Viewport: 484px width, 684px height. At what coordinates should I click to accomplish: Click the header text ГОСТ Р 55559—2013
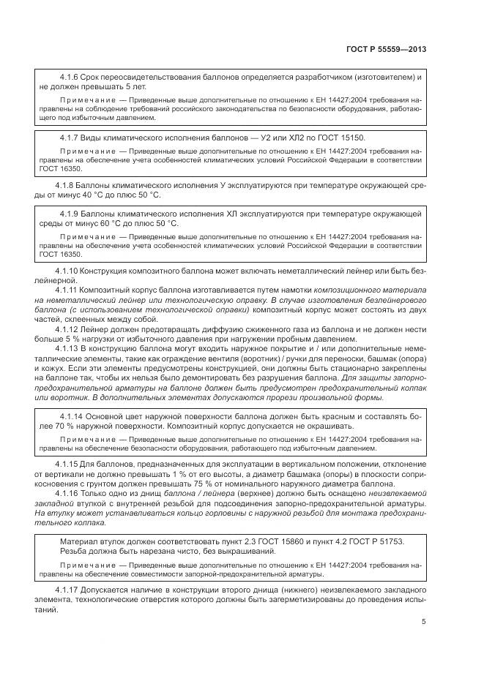pyautogui.click(x=385, y=49)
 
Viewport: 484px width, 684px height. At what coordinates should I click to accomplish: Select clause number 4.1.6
pyautogui.click(x=71, y=77)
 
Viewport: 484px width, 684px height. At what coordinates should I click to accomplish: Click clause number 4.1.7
pyautogui.click(x=71, y=138)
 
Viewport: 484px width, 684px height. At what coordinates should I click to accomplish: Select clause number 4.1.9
pyautogui.click(x=71, y=214)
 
